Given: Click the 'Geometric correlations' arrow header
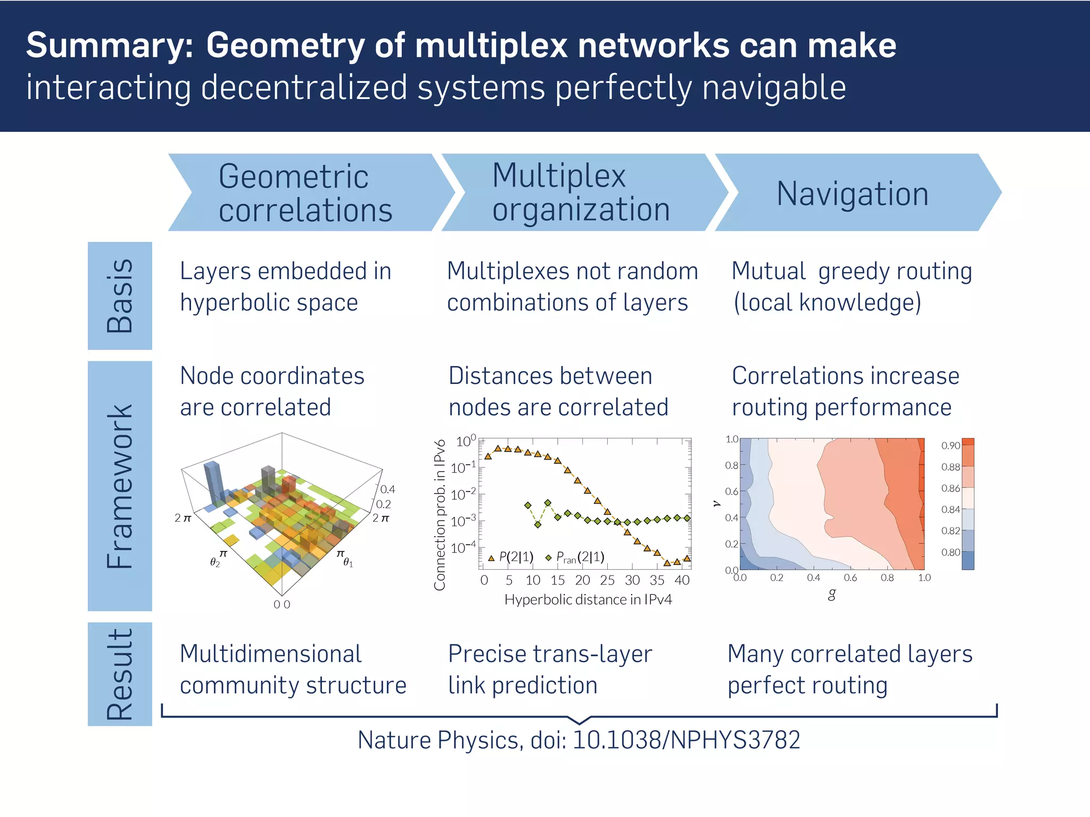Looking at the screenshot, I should pos(305,193).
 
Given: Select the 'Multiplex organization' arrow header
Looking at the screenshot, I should pos(580,192).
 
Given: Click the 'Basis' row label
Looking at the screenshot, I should pos(120,296).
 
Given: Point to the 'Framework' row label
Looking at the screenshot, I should pos(120,486).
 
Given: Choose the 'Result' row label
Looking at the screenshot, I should pos(120,674).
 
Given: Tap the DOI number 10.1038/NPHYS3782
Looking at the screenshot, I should pos(687,740).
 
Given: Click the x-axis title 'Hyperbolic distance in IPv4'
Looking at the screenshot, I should pos(588,600).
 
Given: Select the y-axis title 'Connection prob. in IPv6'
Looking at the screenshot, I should pos(440,515).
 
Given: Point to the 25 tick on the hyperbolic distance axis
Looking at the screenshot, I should pos(607,580).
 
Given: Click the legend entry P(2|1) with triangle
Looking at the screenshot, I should pos(511,557).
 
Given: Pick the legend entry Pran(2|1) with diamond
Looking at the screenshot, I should pos(575,557).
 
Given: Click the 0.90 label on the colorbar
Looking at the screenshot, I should pos(950,446).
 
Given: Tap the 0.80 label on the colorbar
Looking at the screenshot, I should pos(950,553).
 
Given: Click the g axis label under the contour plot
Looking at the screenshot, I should pos(832,594).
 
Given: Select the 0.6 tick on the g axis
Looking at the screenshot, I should pos(850,578).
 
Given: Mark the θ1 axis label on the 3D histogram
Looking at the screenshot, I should pos(348,562).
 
